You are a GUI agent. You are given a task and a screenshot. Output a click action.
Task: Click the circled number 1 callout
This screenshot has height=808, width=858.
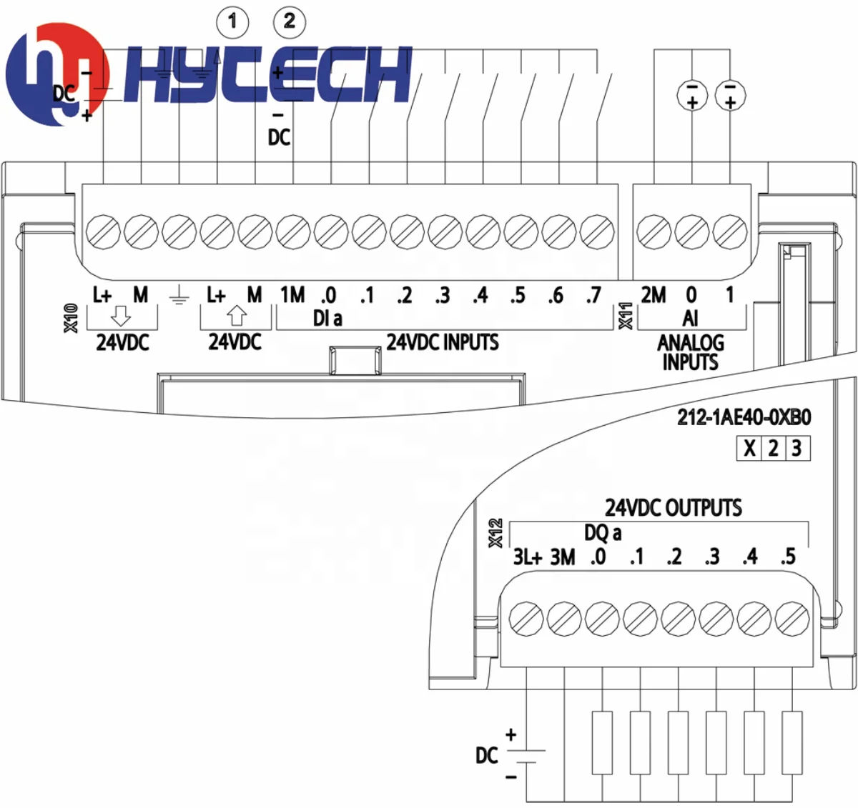tap(232, 21)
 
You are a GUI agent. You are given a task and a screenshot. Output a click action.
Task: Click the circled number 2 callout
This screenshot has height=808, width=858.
tap(290, 21)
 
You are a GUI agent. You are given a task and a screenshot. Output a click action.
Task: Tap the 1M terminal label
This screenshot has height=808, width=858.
tap(292, 295)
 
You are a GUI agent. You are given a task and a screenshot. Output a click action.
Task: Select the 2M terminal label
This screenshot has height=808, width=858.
tap(654, 295)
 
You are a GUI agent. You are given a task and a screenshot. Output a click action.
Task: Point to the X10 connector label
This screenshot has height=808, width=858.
tap(71, 319)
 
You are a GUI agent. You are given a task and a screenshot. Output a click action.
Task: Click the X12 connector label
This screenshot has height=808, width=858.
tap(495, 533)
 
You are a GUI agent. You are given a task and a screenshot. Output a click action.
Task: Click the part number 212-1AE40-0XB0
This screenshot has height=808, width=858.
tap(744, 417)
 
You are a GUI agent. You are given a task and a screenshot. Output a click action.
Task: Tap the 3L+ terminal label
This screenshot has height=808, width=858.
tap(527, 557)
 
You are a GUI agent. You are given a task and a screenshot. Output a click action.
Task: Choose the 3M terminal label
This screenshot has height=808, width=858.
tap(563, 557)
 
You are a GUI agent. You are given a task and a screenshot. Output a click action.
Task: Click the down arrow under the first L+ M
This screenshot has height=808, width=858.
tap(121, 316)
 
